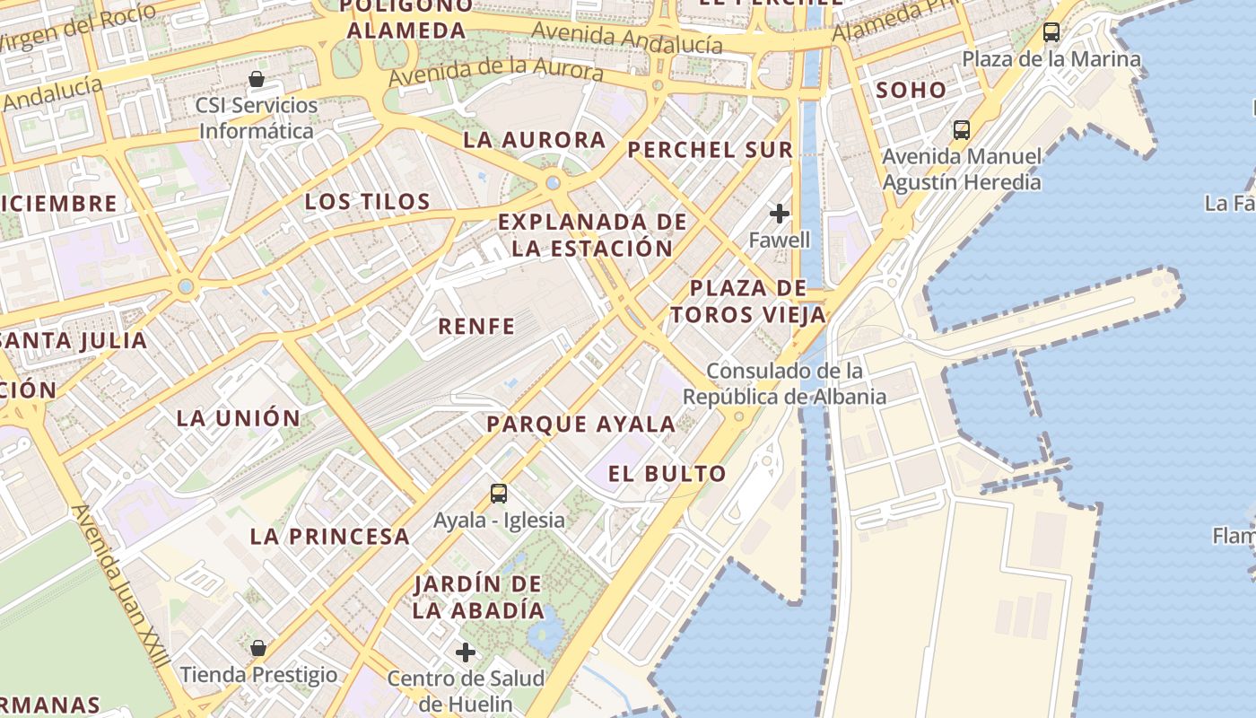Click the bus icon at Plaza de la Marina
click(x=1051, y=32)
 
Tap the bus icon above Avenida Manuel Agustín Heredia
click(x=962, y=129)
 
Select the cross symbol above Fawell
click(x=780, y=214)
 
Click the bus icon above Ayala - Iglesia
click(x=499, y=493)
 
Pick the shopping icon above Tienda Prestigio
click(x=258, y=648)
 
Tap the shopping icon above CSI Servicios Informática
click(x=257, y=79)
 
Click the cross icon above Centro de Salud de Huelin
click(x=466, y=652)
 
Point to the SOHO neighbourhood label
click(x=911, y=90)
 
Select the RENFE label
click(x=476, y=327)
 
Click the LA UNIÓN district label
click(x=238, y=418)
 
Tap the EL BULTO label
click(x=667, y=474)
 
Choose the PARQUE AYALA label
click(x=580, y=425)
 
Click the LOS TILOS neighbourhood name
click(x=368, y=201)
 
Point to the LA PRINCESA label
click(x=329, y=537)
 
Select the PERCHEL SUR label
click(x=710, y=150)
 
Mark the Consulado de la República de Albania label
click(x=784, y=383)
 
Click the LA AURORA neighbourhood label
click(x=535, y=140)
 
